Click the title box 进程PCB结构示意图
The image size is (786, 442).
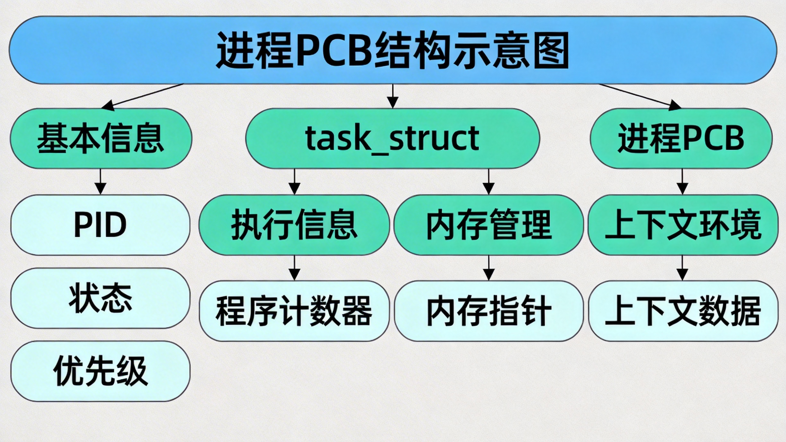[393, 50]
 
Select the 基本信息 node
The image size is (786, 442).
[101, 138]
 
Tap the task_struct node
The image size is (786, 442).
[392, 138]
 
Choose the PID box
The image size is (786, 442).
[100, 225]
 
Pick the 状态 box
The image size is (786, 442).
[100, 298]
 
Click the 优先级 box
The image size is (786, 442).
[100, 371]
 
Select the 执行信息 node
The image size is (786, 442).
[294, 225]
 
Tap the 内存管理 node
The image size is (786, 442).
[489, 225]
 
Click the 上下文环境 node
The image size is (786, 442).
[683, 225]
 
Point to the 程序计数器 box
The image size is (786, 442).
[294, 311]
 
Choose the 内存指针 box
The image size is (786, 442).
[489, 311]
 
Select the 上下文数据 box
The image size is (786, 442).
[683, 311]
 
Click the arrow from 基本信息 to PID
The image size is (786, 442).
[100, 182]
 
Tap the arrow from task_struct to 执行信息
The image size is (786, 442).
[294, 182]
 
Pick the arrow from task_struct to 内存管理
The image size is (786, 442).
[489, 182]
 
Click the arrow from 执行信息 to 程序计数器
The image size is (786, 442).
[294, 268]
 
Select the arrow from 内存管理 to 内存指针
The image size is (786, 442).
[489, 268]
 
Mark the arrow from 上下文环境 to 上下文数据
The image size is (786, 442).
[682, 268]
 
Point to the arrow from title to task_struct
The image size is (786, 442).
[393, 96]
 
